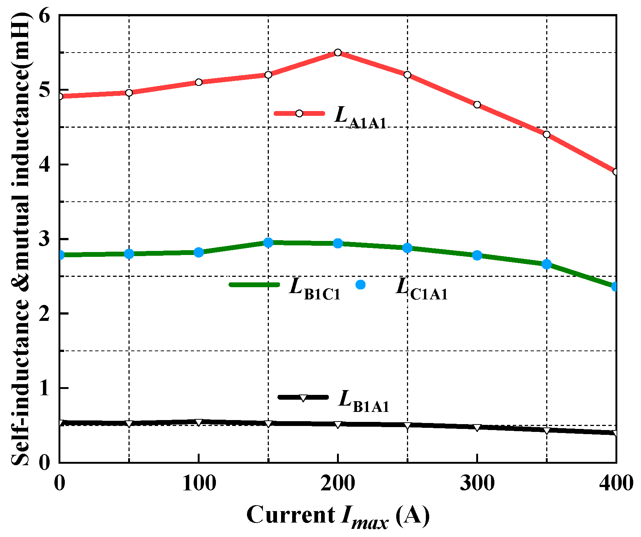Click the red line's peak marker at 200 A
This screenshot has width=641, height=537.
(x=338, y=53)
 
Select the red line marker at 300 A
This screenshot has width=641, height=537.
(x=477, y=105)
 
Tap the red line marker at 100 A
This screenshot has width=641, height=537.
(x=198, y=82)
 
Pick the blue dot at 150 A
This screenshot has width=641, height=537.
(x=268, y=243)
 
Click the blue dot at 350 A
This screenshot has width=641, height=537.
(x=547, y=264)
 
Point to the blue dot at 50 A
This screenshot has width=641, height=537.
(x=129, y=254)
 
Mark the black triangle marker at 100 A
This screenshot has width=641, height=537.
(x=198, y=423)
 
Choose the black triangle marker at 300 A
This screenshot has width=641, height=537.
(x=477, y=428)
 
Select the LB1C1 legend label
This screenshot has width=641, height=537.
(x=315, y=288)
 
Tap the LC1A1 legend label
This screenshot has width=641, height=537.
(x=421, y=288)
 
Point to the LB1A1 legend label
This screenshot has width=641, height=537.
(x=364, y=401)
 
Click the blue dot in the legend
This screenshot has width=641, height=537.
(x=360, y=285)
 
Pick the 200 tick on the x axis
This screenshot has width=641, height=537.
(x=338, y=483)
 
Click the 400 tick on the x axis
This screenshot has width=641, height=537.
(x=615, y=483)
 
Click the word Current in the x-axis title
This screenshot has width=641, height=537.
(x=290, y=514)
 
